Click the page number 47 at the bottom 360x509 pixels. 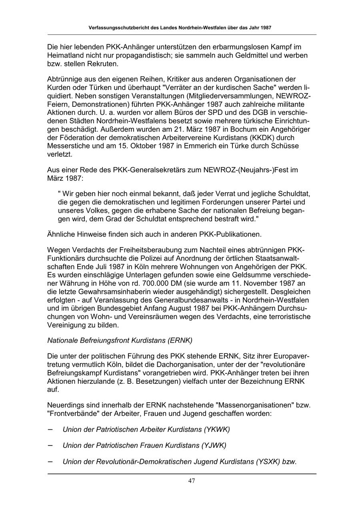pyautogui.click(x=192, y=481)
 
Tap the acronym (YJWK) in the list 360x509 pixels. pyautogui.click(x=214, y=445)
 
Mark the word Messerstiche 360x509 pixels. pyautogui.click(x=68, y=146)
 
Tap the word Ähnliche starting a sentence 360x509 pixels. pyautogui.click(x=61, y=234)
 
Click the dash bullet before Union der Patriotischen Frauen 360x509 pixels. pyautogui.click(x=51, y=445)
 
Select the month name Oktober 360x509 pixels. pyautogui.click(x=144, y=146)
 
